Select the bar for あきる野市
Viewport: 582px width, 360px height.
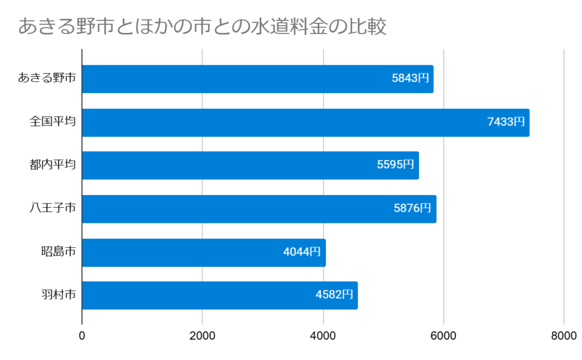coord(257,79)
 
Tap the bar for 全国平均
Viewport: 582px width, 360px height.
coord(305,122)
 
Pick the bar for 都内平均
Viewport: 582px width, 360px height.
coord(250,165)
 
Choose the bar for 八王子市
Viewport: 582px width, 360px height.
coord(259,209)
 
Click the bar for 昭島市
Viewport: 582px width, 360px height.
coord(203,252)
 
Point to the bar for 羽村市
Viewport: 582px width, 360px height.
coord(219,295)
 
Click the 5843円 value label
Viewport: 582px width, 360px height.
coord(410,79)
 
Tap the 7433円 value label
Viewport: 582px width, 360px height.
coord(506,122)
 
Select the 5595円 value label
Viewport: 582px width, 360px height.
coord(396,165)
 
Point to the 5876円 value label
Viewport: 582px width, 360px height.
coord(413,209)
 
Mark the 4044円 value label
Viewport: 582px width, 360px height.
coord(302,252)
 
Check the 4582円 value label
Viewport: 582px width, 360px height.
coord(334,295)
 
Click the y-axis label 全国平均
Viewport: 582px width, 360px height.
coord(53,122)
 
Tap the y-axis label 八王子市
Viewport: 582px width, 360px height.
coord(53,209)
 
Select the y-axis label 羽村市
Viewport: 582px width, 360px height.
coord(59,295)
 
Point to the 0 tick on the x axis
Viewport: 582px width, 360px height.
coord(82,336)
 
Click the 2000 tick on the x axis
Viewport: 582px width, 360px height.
coord(202,336)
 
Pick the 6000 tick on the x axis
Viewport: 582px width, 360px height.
coord(443,336)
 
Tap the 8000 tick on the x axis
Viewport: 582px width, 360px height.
coord(564,336)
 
